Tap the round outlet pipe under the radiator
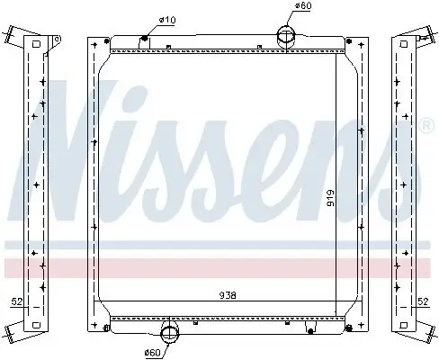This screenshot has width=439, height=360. [170, 327]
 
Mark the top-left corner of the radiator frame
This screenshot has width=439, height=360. [87, 41]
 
